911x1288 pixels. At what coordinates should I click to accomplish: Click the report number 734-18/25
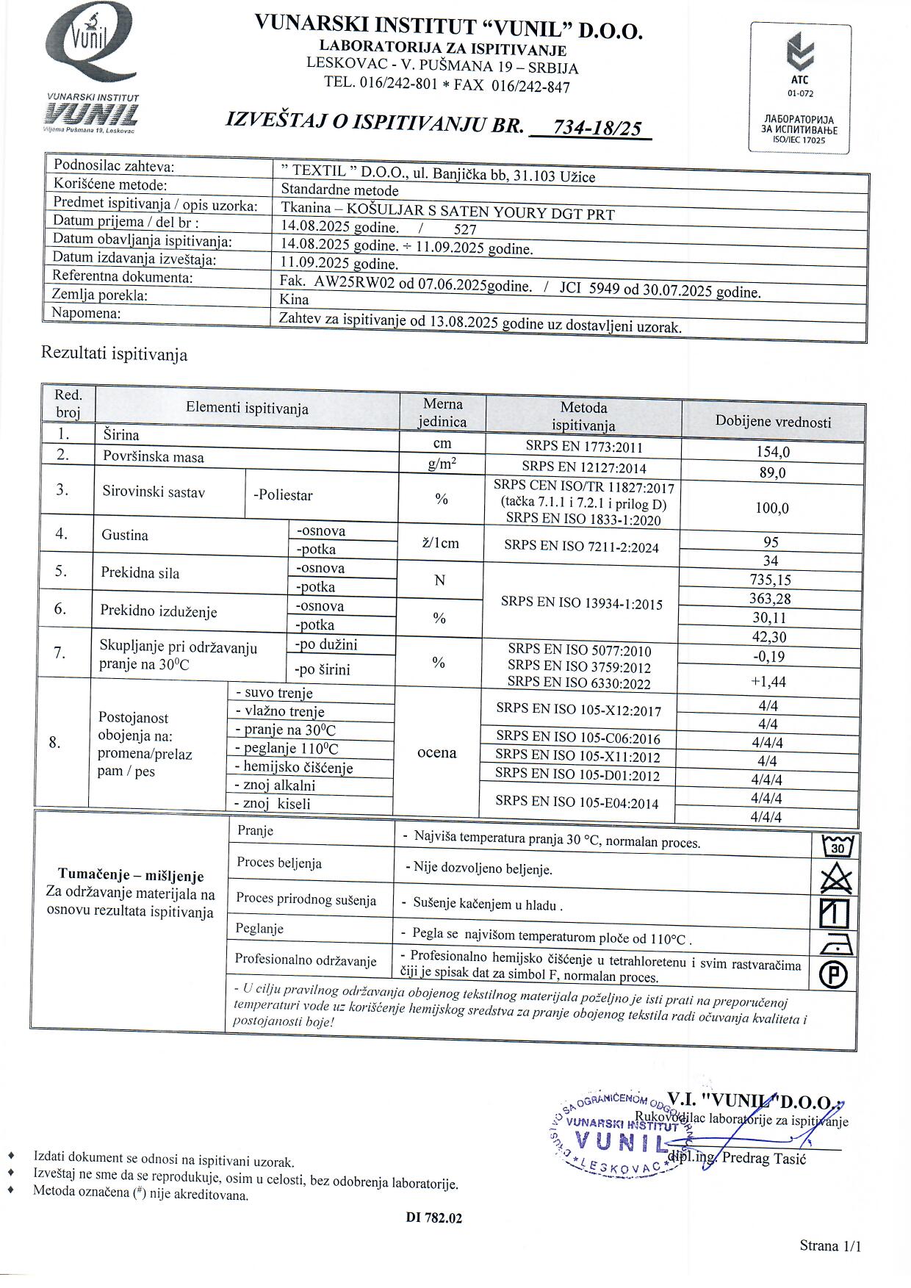pyautogui.click(x=596, y=129)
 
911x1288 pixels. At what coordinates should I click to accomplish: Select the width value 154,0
pyautogui.click(x=773, y=452)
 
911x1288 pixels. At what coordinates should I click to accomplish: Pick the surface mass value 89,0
pyautogui.click(x=772, y=472)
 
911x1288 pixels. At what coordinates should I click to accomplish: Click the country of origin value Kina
pyautogui.click(x=294, y=299)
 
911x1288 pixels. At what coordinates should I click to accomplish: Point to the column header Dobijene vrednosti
pyautogui.click(x=773, y=422)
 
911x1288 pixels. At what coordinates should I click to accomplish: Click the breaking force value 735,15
pyautogui.click(x=770, y=580)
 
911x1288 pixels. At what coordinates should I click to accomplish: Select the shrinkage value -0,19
pyautogui.click(x=768, y=656)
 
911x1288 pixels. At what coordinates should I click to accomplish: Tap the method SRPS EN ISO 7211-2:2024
pyautogui.click(x=581, y=547)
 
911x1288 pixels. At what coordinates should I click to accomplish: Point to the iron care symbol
pyautogui.click(x=835, y=943)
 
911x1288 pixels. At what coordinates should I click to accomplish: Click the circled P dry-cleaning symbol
pyautogui.click(x=835, y=975)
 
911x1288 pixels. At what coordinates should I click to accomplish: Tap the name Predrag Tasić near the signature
pyautogui.click(x=763, y=1158)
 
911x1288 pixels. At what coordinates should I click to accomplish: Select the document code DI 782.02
pyautogui.click(x=434, y=1217)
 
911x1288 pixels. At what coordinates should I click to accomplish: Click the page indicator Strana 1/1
pyautogui.click(x=829, y=1245)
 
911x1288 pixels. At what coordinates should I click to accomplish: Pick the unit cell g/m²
pyautogui.click(x=442, y=464)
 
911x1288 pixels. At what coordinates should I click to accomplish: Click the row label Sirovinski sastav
pyautogui.click(x=154, y=492)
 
